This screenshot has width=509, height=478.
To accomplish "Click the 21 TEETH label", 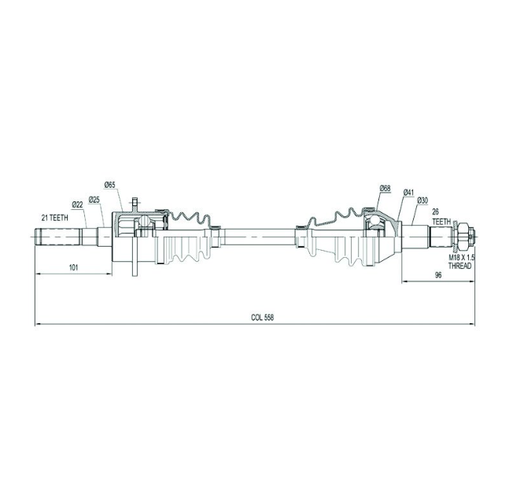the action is pos(54,218).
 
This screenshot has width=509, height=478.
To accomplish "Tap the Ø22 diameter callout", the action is pos(78,204).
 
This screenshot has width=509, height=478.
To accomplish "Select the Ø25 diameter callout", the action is pos(94,199).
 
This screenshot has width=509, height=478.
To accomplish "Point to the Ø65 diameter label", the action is pos(109,185).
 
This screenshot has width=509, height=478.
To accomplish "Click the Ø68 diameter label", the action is pos(385,188).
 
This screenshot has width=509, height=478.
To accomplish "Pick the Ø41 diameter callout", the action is pos(408,192).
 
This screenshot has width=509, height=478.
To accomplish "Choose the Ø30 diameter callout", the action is pos(422,200).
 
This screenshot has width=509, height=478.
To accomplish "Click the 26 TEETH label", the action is pos(441,217).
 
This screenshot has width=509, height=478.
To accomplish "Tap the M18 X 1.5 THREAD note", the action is pos(462,262).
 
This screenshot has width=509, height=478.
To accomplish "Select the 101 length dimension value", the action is pos(74,267).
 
